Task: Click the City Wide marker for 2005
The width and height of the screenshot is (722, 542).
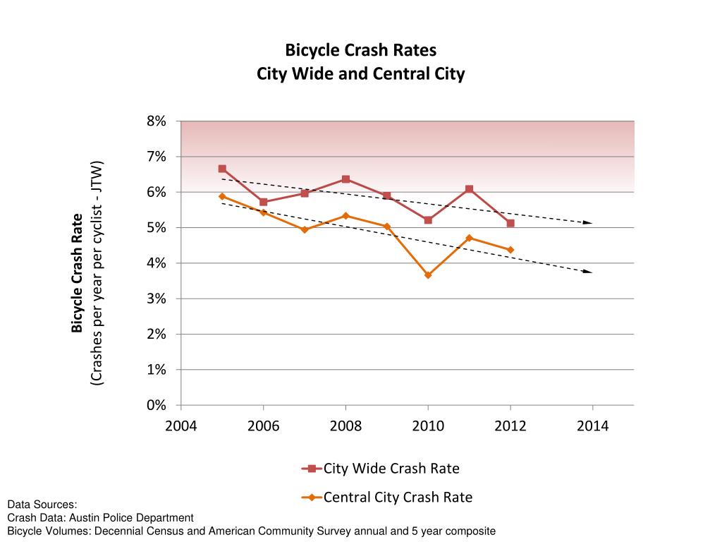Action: [222, 169]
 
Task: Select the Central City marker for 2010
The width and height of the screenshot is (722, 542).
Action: [428, 275]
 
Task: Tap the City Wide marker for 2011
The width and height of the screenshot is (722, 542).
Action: [469, 189]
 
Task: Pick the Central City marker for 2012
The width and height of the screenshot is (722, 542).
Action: [510, 250]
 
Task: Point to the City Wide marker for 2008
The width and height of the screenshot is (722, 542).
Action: [345, 179]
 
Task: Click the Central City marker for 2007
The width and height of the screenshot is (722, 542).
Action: [305, 229]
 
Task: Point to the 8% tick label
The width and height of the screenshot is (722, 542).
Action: [157, 121]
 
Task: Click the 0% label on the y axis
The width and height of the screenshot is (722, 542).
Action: [157, 405]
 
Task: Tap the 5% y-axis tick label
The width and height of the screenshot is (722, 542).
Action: [157, 228]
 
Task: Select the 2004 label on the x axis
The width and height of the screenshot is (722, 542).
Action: [181, 426]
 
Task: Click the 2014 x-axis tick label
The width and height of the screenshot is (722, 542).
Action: [592, 426]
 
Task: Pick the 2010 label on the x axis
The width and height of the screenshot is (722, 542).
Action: [428, 426]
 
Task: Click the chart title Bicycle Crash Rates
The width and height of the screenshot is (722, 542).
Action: [360, 51]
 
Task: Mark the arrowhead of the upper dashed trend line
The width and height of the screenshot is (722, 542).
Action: [589, 222]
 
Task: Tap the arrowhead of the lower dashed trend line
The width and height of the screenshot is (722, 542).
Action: [589, 271]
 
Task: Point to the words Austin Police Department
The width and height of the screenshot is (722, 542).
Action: [134, 518]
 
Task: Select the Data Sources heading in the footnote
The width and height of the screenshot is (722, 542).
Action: [42, 505]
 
